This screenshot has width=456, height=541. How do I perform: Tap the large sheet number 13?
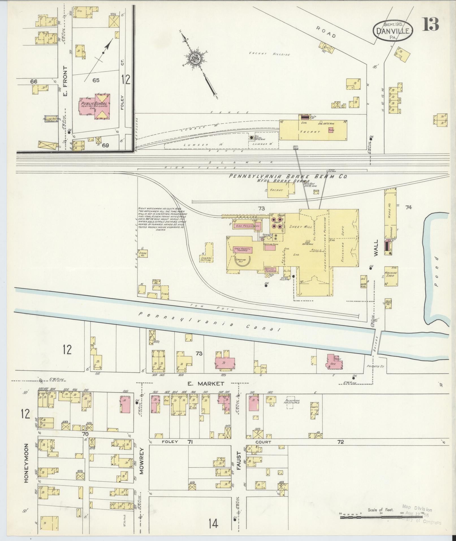(431, 24)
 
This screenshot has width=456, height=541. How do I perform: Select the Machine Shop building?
(391, 276)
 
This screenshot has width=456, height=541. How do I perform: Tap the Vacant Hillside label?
(270, 54)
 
